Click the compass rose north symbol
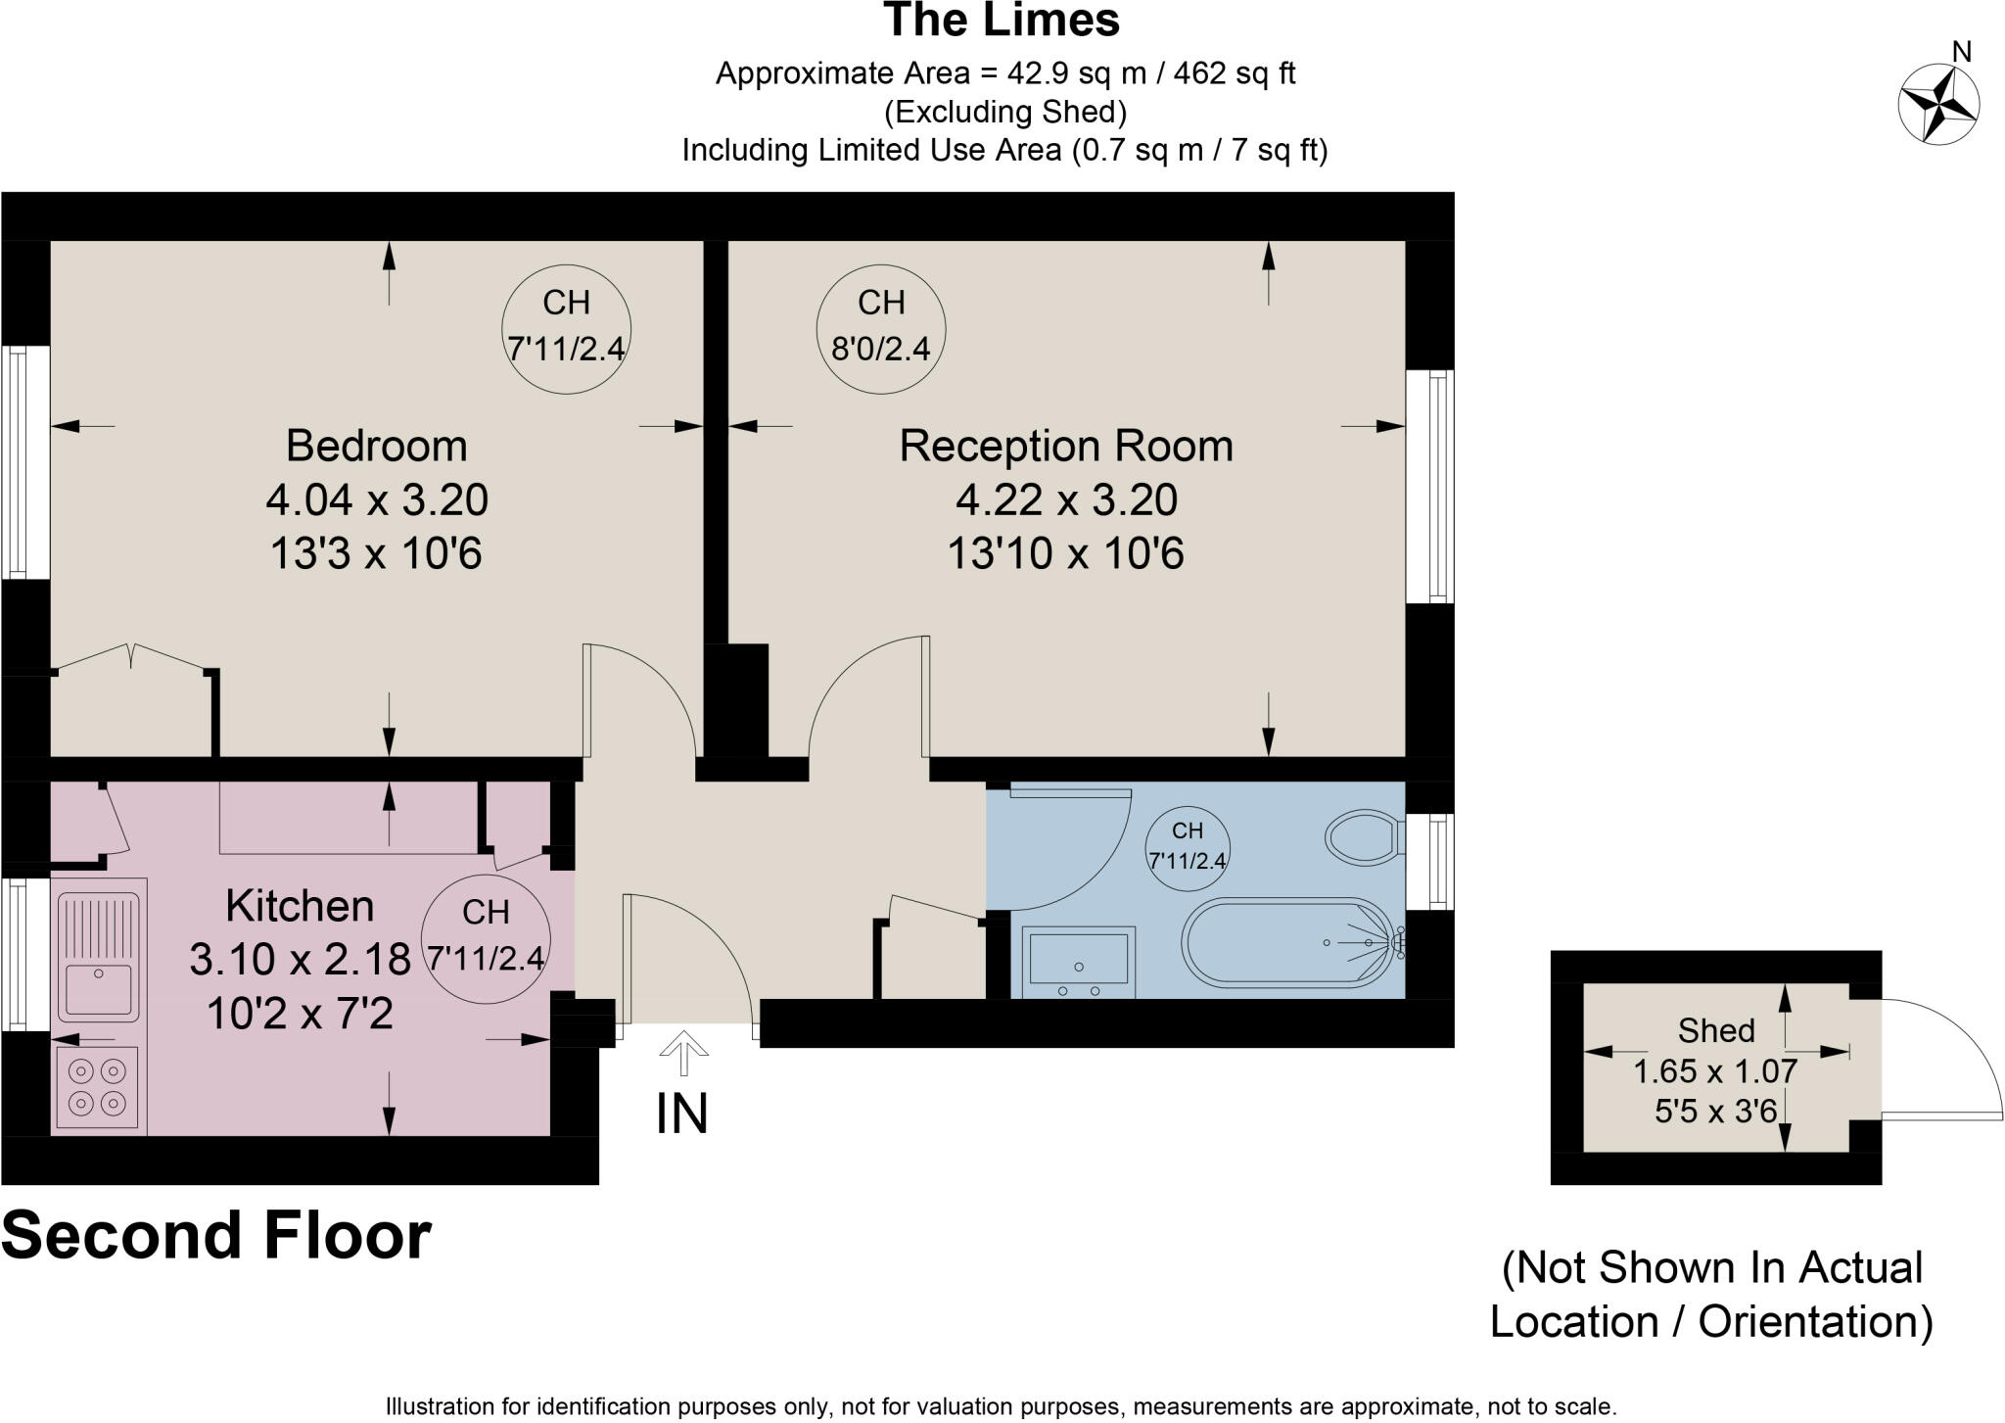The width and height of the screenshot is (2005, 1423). [x=1938, y=103]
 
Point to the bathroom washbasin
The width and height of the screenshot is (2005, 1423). [x=1079, y=962]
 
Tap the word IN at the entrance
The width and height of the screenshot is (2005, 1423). [x=681, y=1114]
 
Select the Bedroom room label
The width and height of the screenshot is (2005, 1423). [x=377, y=446]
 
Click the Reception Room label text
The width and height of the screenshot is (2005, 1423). [x=1066, y=446]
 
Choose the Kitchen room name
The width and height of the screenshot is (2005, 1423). [x=300, y=906]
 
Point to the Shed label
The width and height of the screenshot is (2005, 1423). [x=1716, y=1030]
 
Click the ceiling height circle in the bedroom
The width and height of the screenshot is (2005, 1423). [x=567, y=330]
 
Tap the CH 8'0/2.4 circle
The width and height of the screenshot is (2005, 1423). [x=881, y=330]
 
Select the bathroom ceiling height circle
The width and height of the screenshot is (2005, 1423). [x=1188, y=849]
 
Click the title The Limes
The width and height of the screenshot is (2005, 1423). [x=1002, y=21]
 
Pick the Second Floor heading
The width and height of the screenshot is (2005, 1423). [x=216, y=1235]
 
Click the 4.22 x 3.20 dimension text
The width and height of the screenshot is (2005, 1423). [x=1066, y=500]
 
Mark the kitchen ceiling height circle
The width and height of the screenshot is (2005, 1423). [x=487, y=938]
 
